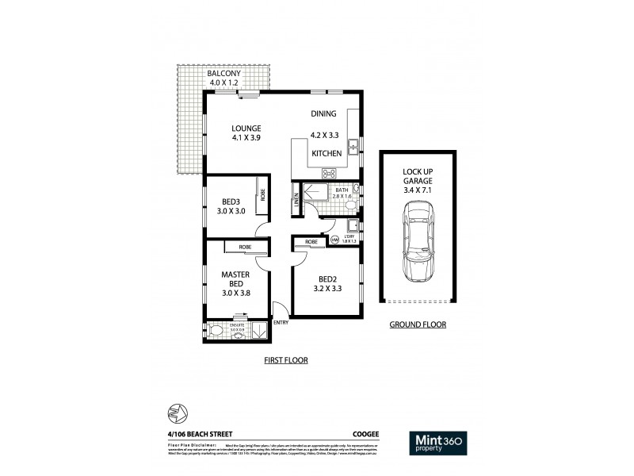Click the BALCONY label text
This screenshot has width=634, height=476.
(x=224, y=74)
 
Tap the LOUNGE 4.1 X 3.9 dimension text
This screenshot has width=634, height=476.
(x=246, y=137)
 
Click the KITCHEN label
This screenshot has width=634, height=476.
(x=327, y=152)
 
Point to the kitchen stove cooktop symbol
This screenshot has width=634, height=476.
(x=329, y=172)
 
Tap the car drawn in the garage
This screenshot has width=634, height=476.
(x=418, y=243)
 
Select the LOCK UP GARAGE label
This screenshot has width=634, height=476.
(x=418, y=181)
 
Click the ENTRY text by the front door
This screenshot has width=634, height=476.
(x=281, y=322)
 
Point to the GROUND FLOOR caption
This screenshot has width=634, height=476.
(x=418, y=324)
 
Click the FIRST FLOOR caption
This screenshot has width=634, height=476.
(x=285, y=359)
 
